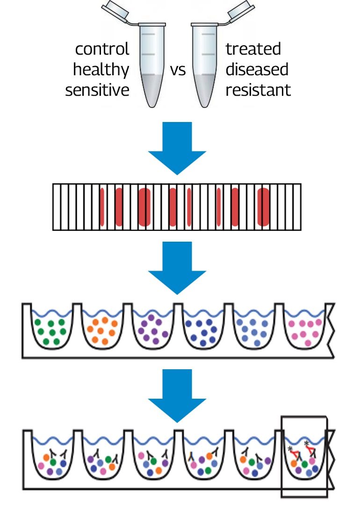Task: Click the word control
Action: (x=102, y=49)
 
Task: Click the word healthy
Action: (x=101, y=70)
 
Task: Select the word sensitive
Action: (x=97, y=90)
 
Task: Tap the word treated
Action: (x=253, y=49)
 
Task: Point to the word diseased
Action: (x=257, y=70)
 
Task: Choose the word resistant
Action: (x=258, y=90)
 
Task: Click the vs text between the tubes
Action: (x=178, y=70)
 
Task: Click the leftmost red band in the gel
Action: (x=104, y=207)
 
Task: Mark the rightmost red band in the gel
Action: (x=264, y=207)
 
